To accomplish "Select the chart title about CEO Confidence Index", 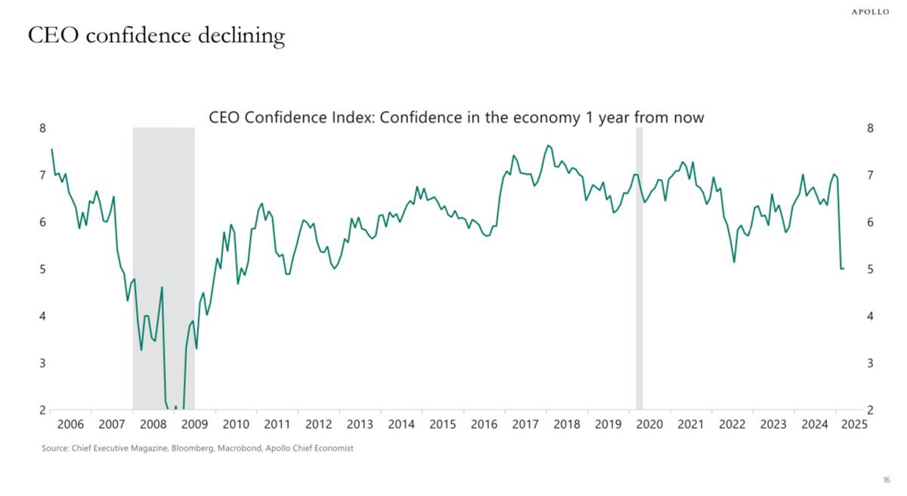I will point(456,118).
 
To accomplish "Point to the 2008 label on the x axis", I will point(153,424).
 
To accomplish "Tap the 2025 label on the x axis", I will point(854,424).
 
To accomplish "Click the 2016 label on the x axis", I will point(484,424).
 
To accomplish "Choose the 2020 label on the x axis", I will point(649,424).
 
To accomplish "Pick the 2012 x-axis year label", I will point(318,424).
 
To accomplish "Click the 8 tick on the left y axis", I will point(42,128).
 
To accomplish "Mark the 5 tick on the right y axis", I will point(870,269).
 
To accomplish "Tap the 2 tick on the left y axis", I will point(42,411).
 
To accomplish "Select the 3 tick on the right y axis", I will point(870,364).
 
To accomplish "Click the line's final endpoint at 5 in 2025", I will point(844,268).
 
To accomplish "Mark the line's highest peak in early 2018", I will point(548,145).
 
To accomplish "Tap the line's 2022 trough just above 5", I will point(734,262).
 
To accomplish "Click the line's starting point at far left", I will point(51,149).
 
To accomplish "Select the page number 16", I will point(887,480).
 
